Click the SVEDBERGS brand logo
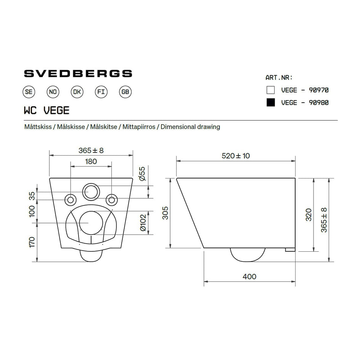pos(78,73)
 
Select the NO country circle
pos(53,92)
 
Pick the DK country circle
pos(77,92)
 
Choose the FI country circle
pos(101,92)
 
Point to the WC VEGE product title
pos(47,110)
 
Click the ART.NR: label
pos(279,77)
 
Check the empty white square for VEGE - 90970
pos(271,90)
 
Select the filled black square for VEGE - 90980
pos(271,102)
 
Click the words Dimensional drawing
pos(190,127)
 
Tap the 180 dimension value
pos(91,161)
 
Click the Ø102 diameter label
pos(143,223)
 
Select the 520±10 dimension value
pos(236,156)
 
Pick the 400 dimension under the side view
pos(249,276)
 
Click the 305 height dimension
pos(165,213)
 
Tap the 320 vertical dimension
pos(309,215)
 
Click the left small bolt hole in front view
pos(71,199)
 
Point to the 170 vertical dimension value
pos(32,243)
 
